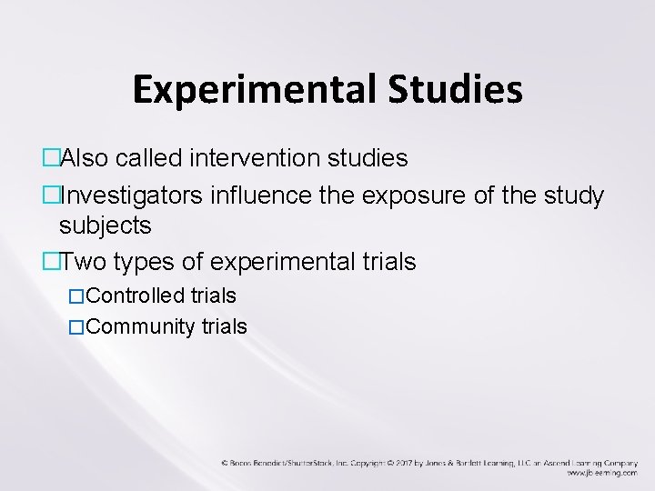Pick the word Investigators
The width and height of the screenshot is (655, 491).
(132, 196)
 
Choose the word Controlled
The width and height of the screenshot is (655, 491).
(136, 296)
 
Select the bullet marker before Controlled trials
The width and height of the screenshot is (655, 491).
(76, 296)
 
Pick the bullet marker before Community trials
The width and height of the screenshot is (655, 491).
(76, 327)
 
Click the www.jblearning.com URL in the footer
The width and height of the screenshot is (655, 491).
(601, 474)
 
